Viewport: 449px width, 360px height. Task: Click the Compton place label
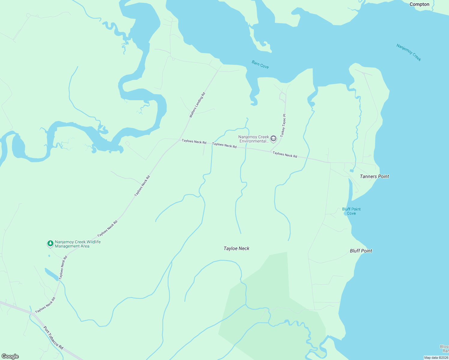419,4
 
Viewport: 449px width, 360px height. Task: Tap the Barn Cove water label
260,64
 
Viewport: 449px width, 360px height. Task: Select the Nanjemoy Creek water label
409,52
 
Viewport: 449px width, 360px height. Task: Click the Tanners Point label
374,176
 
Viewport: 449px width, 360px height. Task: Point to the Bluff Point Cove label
351,211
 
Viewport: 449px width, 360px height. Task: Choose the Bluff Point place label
361,251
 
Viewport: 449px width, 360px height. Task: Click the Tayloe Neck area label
237,248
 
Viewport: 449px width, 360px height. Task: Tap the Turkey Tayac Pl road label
283,126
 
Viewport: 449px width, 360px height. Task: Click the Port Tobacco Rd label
53,338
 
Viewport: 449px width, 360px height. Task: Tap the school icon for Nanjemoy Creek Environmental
273,139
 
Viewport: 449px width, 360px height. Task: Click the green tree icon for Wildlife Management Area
50,244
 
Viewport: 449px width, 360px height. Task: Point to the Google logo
10,356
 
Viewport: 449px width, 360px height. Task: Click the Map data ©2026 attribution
436,358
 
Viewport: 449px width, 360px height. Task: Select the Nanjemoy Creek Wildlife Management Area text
77,244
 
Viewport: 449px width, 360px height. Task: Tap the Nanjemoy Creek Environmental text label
254,139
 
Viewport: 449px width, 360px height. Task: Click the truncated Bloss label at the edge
444,349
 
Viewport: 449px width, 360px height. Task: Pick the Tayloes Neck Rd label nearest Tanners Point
285,155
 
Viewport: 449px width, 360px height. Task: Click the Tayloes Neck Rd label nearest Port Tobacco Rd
45,305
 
